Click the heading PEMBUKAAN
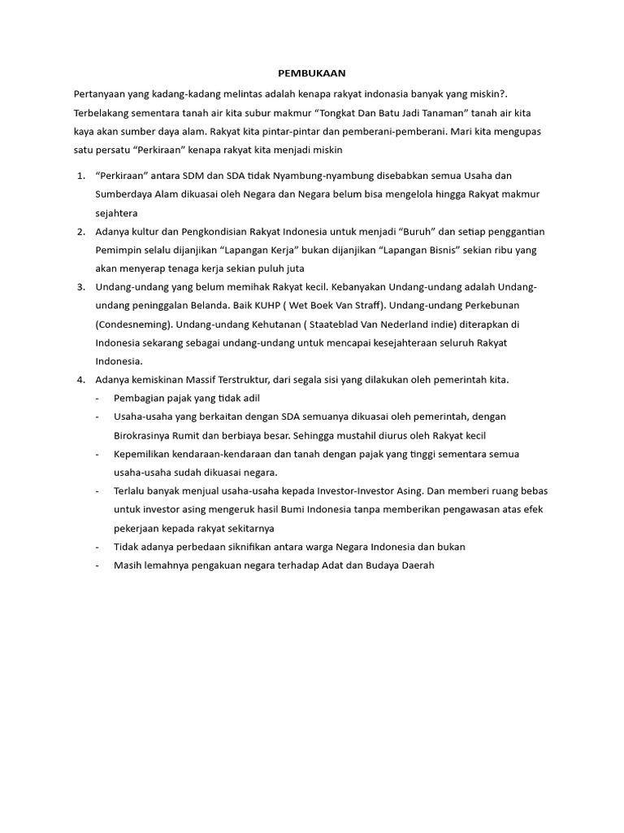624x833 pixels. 312,72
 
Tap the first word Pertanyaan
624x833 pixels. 100,94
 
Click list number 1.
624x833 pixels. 80,175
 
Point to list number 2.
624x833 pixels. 80,231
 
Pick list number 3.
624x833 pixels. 80,286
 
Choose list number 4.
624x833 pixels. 80,379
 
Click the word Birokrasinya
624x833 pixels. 144,435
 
